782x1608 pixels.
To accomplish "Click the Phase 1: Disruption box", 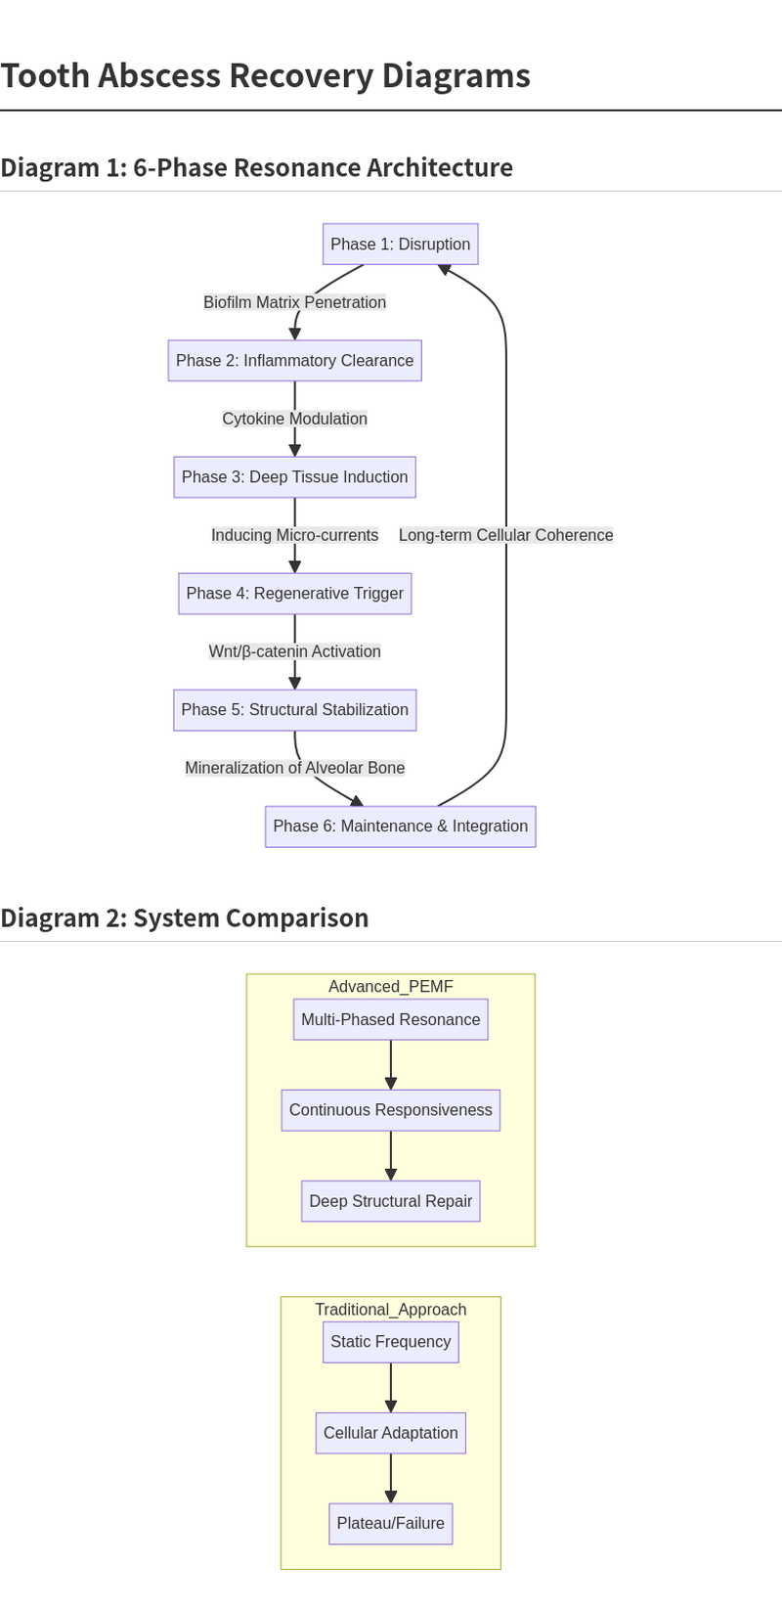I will click(400, 245).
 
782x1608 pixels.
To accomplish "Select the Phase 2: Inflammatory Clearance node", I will click(294, 361).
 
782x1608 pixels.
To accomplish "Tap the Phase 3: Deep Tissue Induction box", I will click(294, 477).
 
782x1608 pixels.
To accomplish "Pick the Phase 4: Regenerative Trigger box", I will click(294, 594).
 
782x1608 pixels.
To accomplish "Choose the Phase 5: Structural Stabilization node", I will click(294, 710).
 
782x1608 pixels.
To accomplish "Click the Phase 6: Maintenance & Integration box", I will click(400, 826).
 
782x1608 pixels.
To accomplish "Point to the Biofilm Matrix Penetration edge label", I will click(294, 302).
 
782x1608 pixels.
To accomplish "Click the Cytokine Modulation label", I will click(294, 419).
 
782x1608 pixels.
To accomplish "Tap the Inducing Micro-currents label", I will click(294, 535).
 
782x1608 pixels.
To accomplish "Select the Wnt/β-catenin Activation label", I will click(294, 651).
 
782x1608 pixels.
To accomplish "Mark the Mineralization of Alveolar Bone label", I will click(294, 768).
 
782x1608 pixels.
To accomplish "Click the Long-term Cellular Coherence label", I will click(505, 535).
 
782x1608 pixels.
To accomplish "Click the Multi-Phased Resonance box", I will click(390, 1019).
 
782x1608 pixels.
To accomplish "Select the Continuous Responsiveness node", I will click(390, 1110).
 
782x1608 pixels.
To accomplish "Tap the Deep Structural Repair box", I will click(390, 1201).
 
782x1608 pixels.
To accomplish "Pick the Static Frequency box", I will click(390, 1342).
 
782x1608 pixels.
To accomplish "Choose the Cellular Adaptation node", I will click(390, 1433).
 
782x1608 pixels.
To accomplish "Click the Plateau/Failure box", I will click(390, 1524).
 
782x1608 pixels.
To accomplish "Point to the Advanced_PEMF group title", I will click(390, 987).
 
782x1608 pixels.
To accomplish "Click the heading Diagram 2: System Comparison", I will click(185, 917).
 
